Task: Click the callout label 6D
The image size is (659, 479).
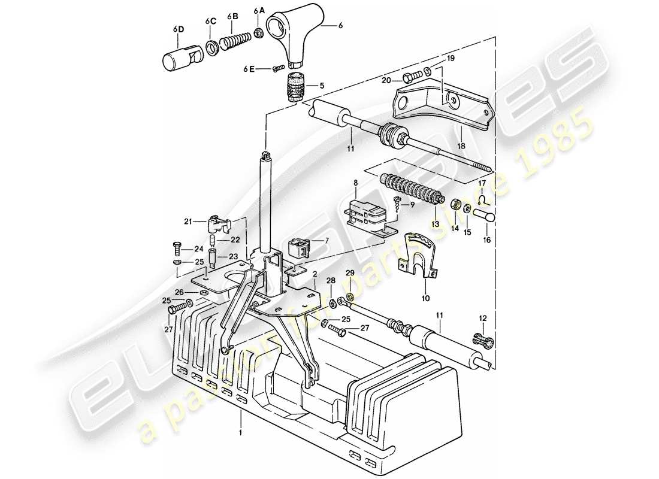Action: pyautogui.click(x=179, y=29)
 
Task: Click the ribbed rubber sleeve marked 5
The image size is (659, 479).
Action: pyautogui.click(x=294, y=85)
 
